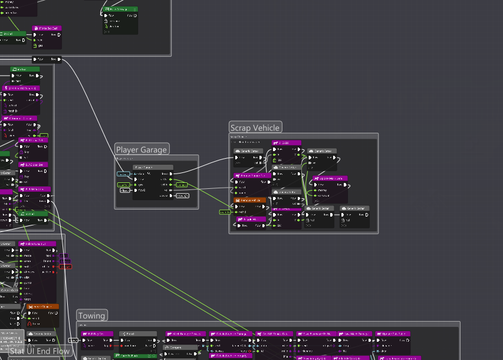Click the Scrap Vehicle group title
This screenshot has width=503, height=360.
click(255, 127)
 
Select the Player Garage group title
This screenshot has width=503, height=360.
click(142, 150)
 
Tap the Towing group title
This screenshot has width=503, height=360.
click(91, 316)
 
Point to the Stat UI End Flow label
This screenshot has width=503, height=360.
click(40, 352)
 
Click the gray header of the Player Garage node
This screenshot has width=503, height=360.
click(153, 168)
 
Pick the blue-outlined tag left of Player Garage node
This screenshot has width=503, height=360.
click(123, 174)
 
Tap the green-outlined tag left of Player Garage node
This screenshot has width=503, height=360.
click(124, 185)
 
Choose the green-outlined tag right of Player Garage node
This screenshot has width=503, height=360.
click(182, 185)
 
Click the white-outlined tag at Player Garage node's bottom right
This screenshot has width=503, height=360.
click(183, 196)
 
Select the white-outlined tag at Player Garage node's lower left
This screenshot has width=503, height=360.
click(124, 191)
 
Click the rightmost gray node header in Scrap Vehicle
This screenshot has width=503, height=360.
click(354, 208)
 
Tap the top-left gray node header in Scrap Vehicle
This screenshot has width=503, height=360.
click(248, 151)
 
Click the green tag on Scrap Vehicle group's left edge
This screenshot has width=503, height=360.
click(225, 212)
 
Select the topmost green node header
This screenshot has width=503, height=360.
click(121, 9)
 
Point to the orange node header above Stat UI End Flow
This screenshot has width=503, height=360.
click(42, 307)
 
